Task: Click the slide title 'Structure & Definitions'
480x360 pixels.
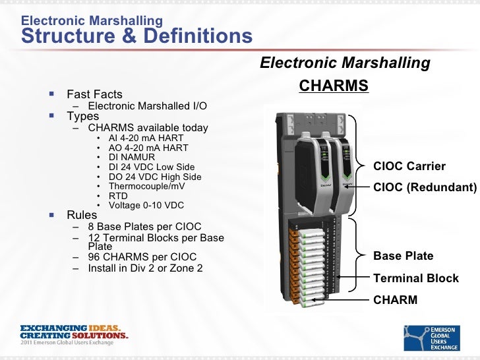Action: [136, 36]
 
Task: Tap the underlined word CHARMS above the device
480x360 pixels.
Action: [334, 87]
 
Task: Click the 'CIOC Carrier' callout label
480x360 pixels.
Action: [409, 166]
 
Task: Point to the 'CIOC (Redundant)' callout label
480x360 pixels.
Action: [425, 187]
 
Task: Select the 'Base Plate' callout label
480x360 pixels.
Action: [403, 256]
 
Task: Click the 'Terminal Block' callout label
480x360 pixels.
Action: [415, 278]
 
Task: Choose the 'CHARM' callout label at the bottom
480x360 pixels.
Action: [395, 300]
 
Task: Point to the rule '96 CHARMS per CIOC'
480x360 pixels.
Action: [142, 256]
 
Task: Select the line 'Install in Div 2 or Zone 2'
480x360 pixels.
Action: [145, 268]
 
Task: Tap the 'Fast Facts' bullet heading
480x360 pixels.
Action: [94, 94]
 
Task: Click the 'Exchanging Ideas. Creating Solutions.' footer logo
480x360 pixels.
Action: [74, 334]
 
